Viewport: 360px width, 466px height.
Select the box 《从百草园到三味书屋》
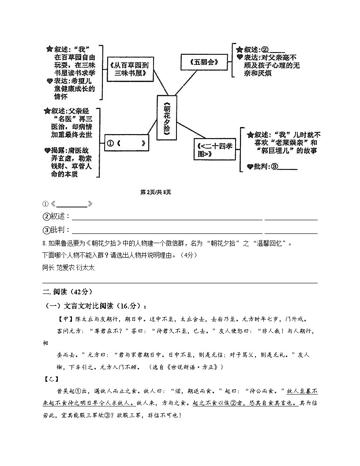[x=131, y=69]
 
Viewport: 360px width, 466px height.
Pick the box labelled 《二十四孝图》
[x=215, y=150]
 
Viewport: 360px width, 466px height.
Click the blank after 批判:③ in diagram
[x=288, y=167]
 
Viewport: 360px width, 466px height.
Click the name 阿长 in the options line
[x=48, y=267]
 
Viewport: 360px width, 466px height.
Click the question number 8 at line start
[x=44, y=244]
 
